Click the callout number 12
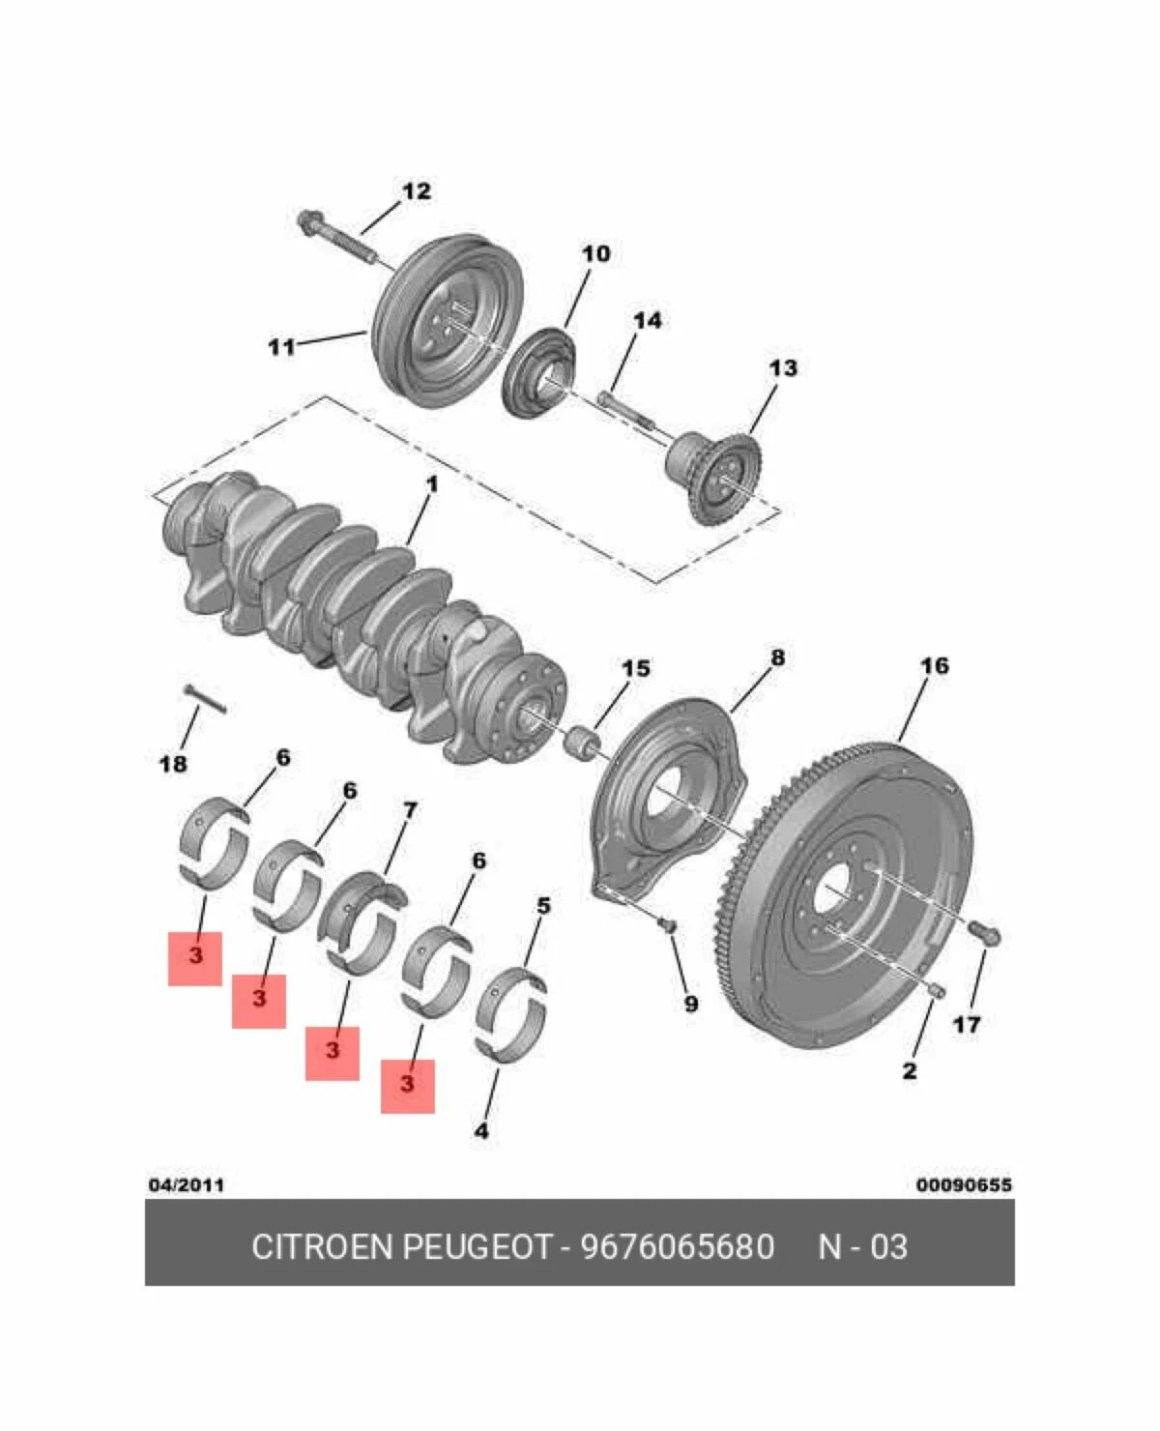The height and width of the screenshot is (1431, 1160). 416,191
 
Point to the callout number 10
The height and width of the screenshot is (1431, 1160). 595,253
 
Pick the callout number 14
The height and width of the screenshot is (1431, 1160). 647,319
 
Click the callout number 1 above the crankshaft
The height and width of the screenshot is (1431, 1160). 431,483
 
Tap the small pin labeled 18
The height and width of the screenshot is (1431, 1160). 204,698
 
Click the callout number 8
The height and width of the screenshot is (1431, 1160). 777,657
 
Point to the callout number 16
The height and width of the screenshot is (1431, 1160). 934,665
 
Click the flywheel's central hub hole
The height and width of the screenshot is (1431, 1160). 833,888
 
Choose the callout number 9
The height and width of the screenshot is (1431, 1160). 690,1004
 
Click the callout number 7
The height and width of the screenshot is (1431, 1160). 410,810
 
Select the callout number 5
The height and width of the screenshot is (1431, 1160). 543,906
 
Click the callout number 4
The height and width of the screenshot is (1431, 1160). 481,1130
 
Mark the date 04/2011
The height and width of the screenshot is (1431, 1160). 186,1184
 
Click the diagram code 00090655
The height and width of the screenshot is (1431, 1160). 964,1184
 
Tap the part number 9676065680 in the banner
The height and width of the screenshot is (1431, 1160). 677,1247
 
